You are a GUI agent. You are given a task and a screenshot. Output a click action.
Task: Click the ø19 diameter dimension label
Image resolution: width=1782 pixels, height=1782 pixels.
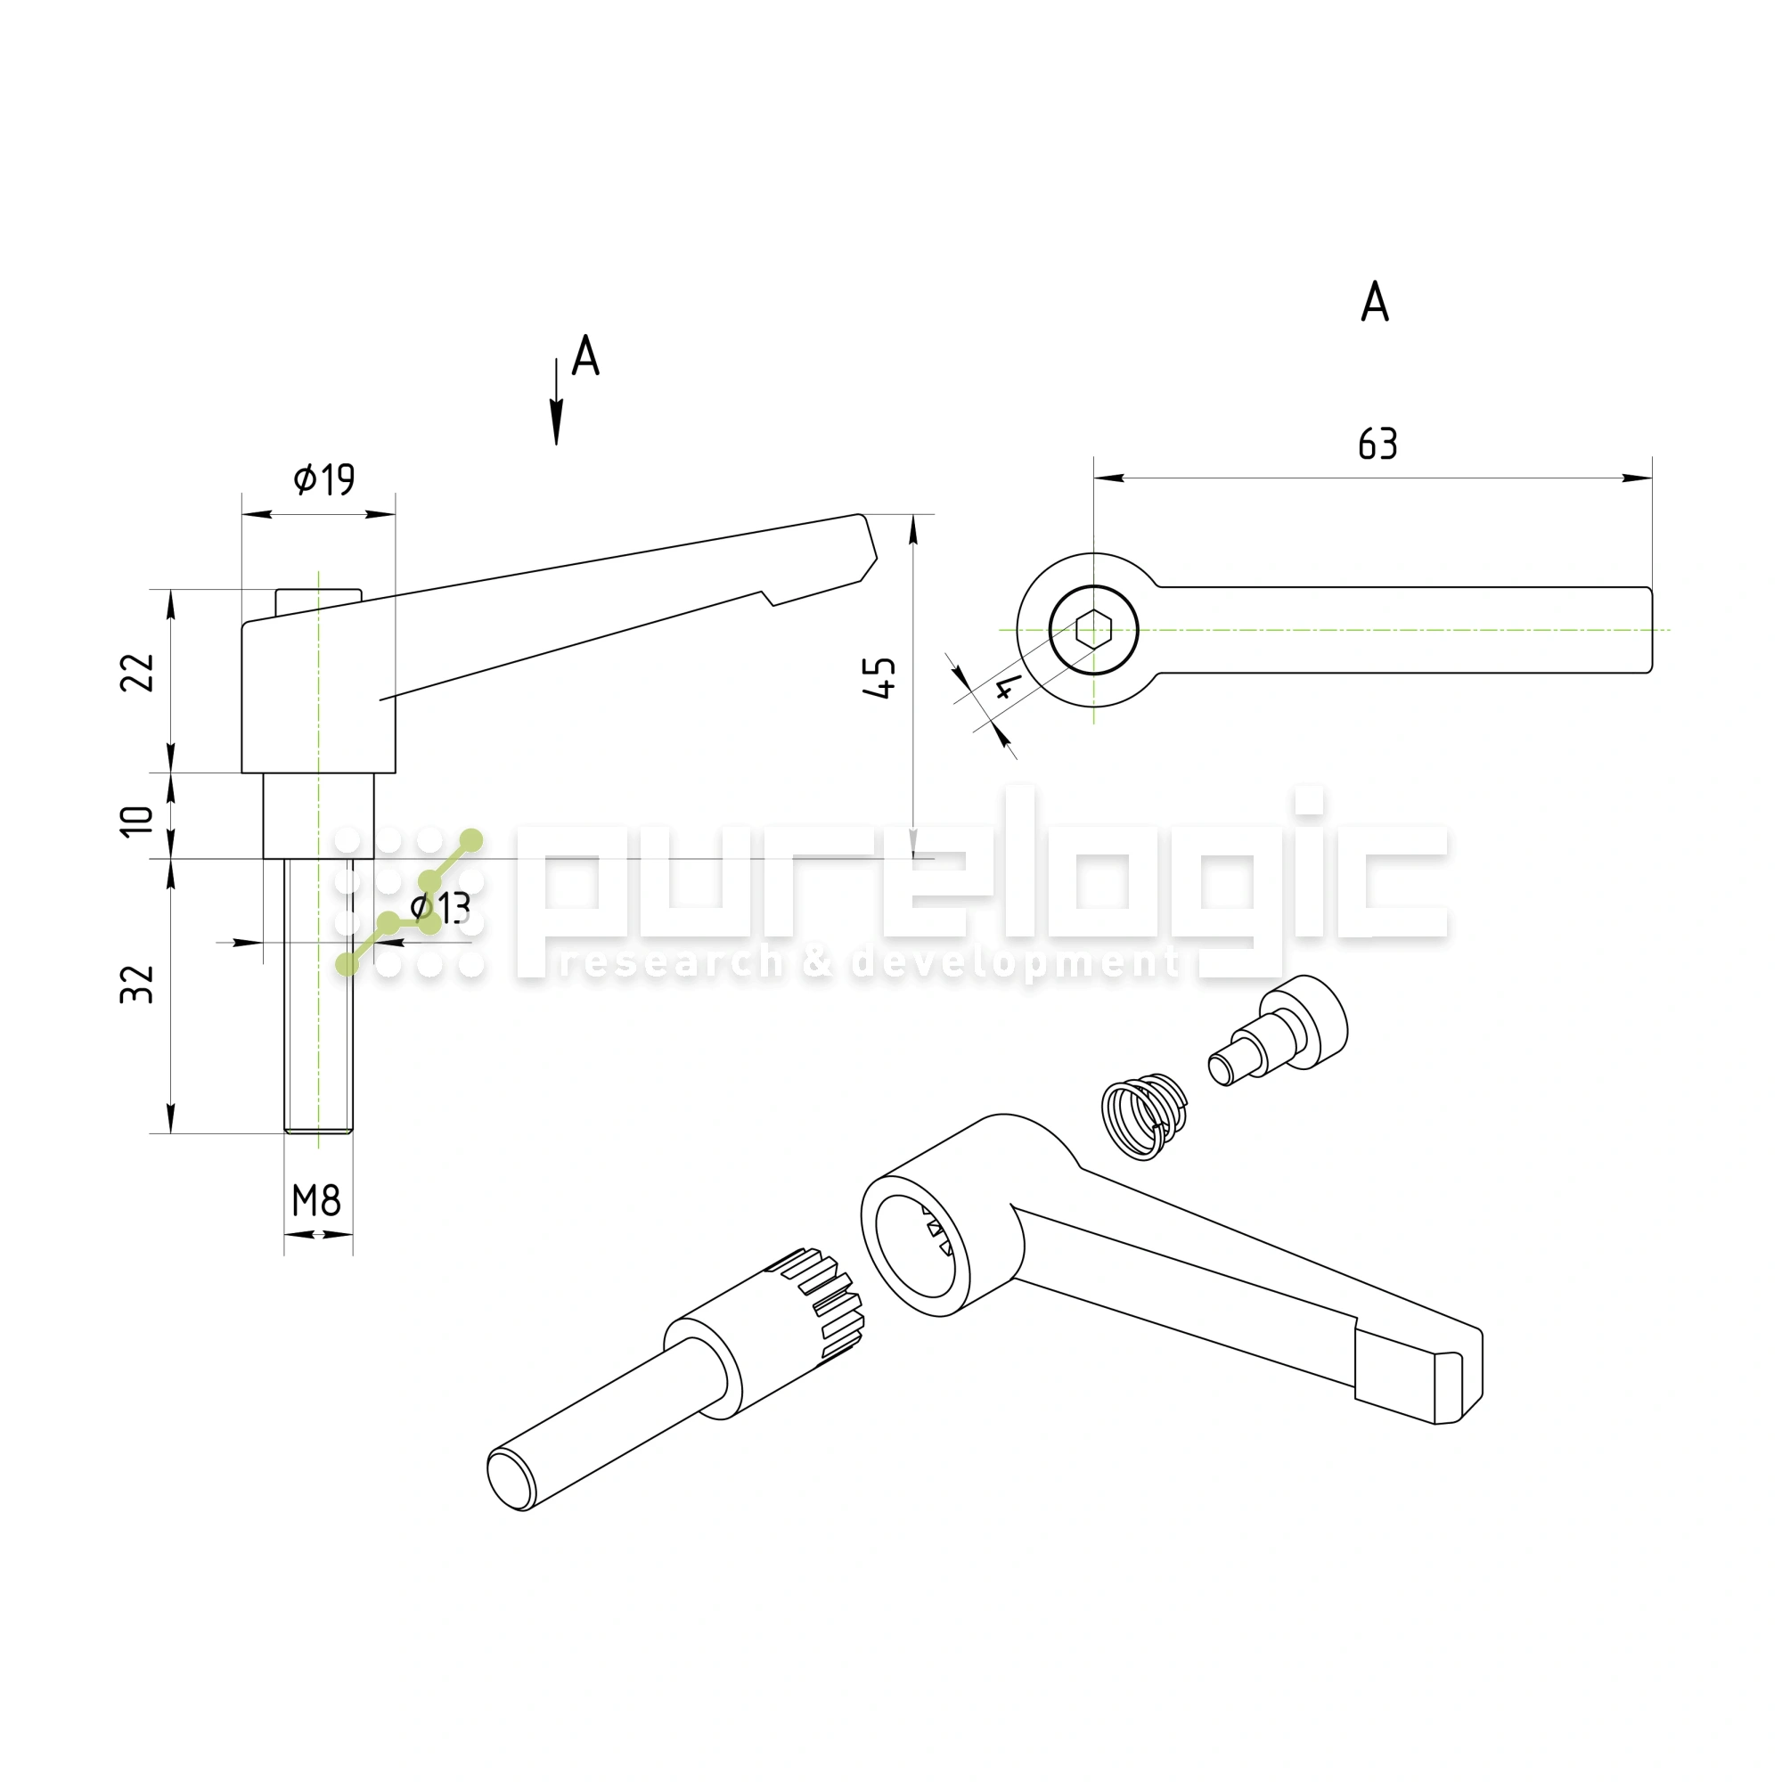click(x=323, y=478)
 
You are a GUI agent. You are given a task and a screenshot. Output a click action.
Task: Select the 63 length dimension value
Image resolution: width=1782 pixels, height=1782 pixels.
click(x=1378, y=445)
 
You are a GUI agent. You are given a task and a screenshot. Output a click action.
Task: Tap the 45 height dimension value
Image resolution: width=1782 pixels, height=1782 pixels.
click(x=882, y=678)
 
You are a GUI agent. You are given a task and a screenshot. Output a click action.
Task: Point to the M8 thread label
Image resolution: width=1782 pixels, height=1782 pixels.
click(x=316, y=1200)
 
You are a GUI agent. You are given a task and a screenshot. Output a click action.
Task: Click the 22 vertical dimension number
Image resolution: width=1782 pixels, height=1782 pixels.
click(x=138, y=673)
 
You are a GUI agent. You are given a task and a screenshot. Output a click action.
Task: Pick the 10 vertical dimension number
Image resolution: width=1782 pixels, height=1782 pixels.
click(x=137, y=821)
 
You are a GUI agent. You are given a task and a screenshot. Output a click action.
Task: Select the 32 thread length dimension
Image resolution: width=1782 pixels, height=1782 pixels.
click(x=137, y=985)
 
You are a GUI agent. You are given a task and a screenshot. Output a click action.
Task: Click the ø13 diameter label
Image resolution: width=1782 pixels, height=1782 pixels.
click(x=440, y=908)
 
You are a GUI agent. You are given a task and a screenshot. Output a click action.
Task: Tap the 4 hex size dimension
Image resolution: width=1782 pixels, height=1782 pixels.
click(x=1008, y=687)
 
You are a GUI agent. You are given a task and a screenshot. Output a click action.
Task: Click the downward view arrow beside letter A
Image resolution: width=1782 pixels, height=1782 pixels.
click(x=556, y=402)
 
